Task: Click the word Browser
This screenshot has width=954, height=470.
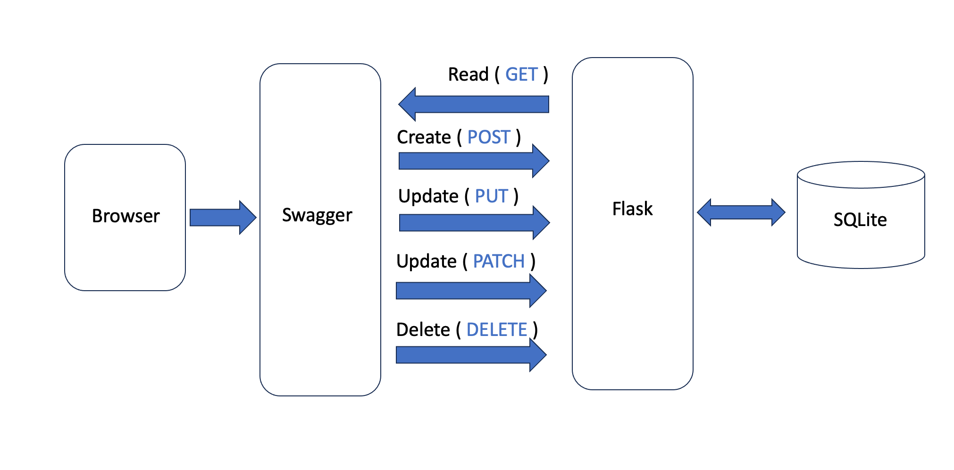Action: tap(126, 216)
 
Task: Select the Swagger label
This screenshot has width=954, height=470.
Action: tap(317, 216)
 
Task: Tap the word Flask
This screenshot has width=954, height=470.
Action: tap(632, 209)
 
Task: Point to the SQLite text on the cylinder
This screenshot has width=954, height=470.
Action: tap(860, 220)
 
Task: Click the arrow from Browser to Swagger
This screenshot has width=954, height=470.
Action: tap(222, 218)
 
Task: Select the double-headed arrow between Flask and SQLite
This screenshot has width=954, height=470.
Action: tap(741, 212)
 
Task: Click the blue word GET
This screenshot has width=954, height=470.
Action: tap(521, 75)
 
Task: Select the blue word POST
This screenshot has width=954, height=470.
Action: tap(489, 137)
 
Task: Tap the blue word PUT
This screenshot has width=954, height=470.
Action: tap(491, 196)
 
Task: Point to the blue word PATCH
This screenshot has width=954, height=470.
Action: tap(499, 261)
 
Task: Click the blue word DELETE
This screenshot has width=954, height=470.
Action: tap(496, 329)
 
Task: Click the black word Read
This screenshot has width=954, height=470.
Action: tap(468, 75)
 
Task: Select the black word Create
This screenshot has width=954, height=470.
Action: tap(424, 137)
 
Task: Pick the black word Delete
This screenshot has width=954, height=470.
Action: tap(423, 329)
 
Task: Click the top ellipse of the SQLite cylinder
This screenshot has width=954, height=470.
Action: tap(861, 175)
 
